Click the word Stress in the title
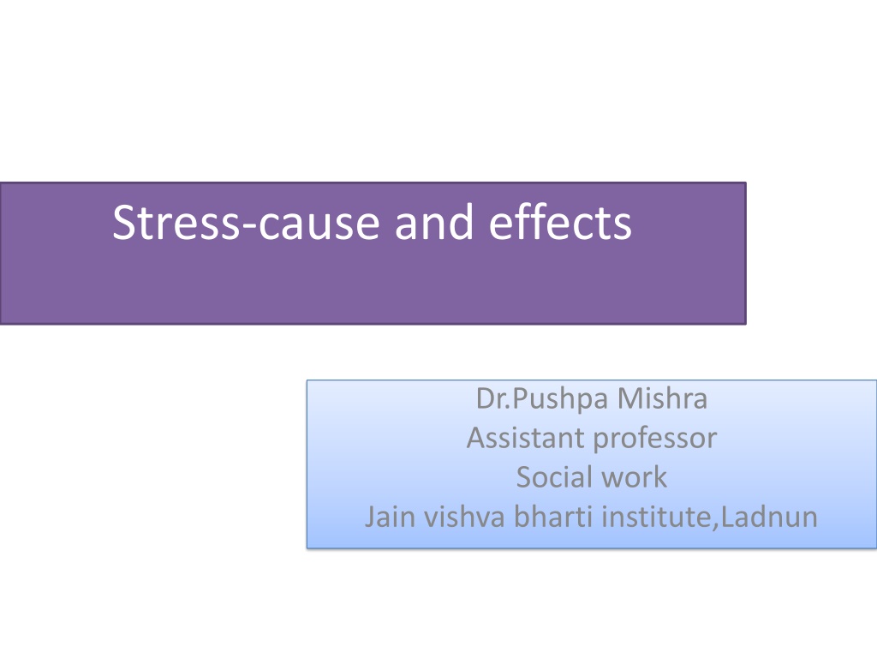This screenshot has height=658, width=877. pos(176,223)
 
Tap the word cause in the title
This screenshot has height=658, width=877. pos(319,225)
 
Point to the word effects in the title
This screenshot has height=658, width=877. pos(560,222)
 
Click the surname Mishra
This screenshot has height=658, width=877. pos(662,398)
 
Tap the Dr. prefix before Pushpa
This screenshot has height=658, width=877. pos(493,398)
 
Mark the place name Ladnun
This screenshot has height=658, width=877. pos(769,516)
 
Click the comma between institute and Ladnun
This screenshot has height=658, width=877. pos(716,527)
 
